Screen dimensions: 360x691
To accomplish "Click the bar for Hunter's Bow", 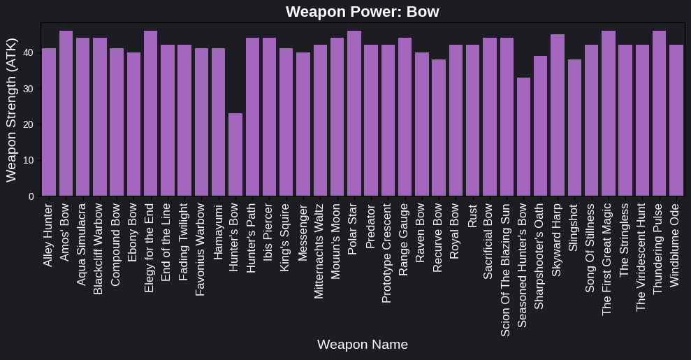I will tap(235, 154).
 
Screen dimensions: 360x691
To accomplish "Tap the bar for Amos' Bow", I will tap(66, 113).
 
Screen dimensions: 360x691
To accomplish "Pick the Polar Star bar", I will tap(354, 113).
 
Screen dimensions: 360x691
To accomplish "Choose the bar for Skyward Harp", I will tap(558, 115).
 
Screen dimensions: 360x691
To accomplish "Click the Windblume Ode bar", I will tap(676, 120).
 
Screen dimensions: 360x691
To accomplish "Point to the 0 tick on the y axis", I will tap(31, 196).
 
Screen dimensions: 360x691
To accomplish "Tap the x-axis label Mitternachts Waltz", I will tap(320, 251).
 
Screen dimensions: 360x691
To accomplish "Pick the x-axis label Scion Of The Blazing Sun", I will tap(507, 270).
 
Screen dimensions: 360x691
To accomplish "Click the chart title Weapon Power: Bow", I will tap(362, 12).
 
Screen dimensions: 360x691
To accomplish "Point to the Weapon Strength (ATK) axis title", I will tap(11, 110).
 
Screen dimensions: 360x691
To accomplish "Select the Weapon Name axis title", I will tap(362, 345).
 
